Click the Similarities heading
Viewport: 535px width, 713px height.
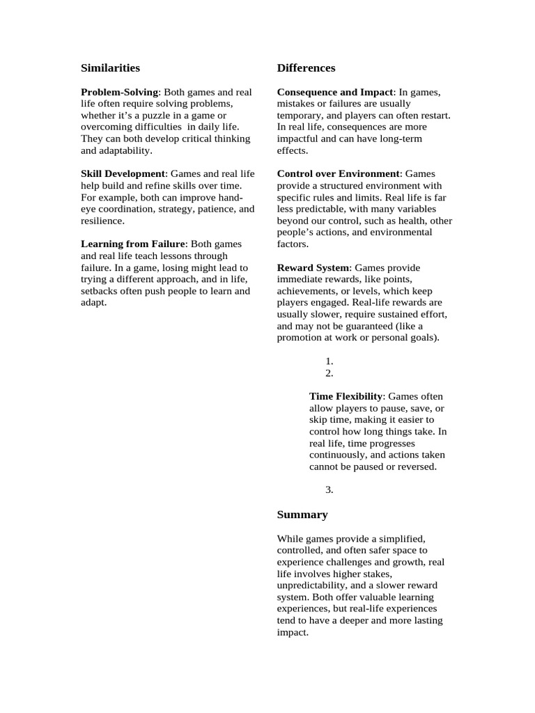110,68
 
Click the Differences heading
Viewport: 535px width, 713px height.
306,68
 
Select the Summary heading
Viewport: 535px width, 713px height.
302,515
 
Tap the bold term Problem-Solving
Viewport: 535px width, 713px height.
120,92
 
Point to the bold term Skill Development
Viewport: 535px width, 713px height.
123,173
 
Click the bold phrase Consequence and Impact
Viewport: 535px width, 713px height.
335,92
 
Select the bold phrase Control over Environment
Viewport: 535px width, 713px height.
339,173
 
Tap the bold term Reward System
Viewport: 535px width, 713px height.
313,268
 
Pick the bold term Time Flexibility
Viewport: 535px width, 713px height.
346,396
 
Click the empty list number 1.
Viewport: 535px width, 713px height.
329,361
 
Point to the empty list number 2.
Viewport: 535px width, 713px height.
329,373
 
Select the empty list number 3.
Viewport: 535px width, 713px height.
329,490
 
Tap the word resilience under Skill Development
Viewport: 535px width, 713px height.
102,221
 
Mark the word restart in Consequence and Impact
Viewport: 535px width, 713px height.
434,116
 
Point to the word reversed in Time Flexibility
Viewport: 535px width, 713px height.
416,467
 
